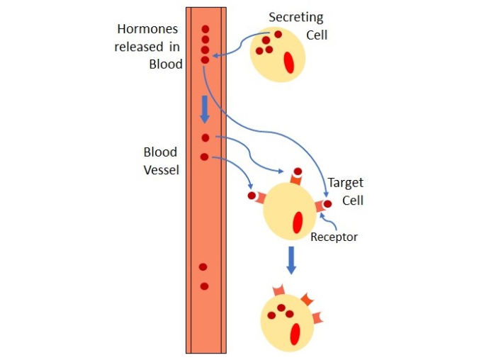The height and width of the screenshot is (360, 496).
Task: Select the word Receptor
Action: tap(334, 237)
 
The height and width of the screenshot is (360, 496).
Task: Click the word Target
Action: tap(345, 183)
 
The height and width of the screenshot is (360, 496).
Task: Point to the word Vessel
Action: tap(160, 170)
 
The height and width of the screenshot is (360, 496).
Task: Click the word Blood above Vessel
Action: tap(160, 152)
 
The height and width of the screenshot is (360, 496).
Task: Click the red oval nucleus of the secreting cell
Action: tap(289, 62)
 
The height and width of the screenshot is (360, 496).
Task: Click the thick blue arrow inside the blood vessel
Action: tap(205, 108)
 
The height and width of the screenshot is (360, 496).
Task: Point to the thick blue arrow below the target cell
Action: tap(291, 259)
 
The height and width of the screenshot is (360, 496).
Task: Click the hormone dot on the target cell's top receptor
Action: tap(298, 171)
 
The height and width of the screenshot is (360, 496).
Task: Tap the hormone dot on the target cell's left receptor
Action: tap(252, 195)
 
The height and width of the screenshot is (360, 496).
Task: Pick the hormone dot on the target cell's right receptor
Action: tap(327, 203)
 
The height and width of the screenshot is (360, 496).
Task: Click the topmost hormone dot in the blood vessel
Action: tap(205, 30)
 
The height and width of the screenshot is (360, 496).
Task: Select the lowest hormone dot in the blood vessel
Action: tap(204, 286)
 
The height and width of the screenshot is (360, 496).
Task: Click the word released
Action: tap(135, 47)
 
